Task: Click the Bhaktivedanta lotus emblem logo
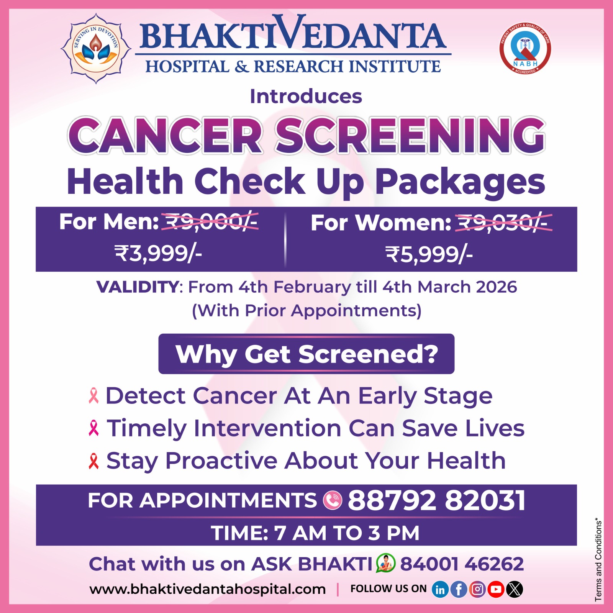tap(96, 48)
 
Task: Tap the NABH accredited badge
tap(525, 48)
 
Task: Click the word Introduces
tap(306, 96)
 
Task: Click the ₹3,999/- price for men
tap(158, 253)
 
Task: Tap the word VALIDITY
tap(138, 287)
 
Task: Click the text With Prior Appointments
tap(306, 311)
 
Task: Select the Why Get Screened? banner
tap(306, 354)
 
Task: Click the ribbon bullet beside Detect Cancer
tap(93, 396)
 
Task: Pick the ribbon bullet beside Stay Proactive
tap(93, 461)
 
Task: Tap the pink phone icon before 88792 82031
tap(333, 500)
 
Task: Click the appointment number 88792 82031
tap(436, 500)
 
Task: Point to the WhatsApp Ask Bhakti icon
tap(386, 563)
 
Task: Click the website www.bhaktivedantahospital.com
tap(208, 589)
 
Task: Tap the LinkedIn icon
tap(440, 589)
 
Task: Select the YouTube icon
tap(496, 589)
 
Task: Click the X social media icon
tap(515, 589)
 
